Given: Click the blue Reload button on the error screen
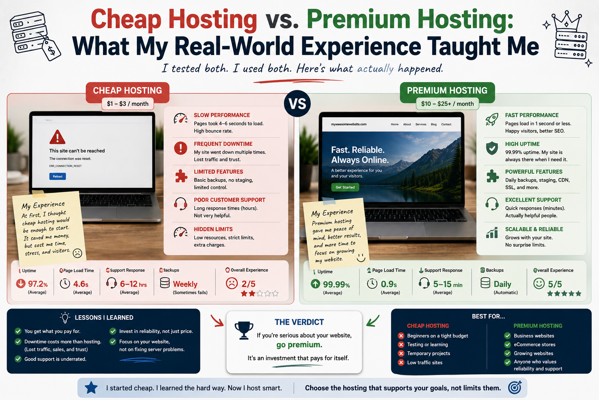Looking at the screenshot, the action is pos(57,176).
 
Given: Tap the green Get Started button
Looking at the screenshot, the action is pos(345,187).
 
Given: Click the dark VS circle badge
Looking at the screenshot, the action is pos(298,104).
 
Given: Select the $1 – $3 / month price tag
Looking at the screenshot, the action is pos(128,104).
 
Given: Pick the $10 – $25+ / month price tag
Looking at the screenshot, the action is pos(447,104).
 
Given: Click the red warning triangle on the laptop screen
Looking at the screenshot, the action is pos(57,137).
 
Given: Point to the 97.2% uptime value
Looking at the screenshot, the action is pos(38,284).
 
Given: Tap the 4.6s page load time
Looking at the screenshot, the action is pos(81,284).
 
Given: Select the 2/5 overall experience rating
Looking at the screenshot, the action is pos(248,284).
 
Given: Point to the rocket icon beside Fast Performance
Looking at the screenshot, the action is pos(492,119).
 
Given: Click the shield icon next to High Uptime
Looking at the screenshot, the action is pos(492,148).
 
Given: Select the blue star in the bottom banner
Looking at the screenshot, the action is pos(91,387).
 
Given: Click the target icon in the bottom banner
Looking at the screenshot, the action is pos(515,387).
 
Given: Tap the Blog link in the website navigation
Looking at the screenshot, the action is pos(434,124).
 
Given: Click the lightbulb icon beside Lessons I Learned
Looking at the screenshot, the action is pos(65,318).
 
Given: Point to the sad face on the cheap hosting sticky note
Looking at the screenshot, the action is pos(78,253).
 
